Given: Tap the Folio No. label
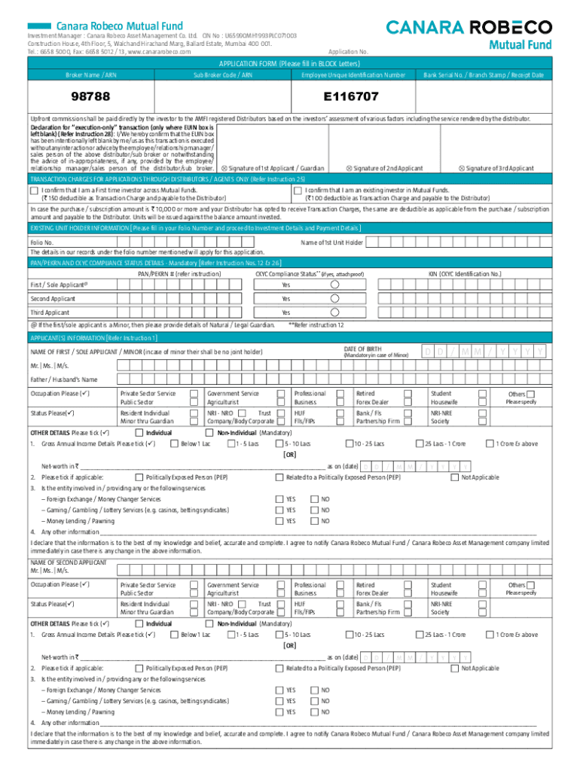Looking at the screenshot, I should coord(41,242).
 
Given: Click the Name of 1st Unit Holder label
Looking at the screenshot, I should coord(331,242).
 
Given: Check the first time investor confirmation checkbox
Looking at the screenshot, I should coord(34,191).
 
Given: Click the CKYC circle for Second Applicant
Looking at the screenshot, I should coord(334,298).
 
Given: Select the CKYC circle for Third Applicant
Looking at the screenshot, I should coord(334,312).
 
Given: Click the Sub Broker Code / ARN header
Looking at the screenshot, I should coord(223,75).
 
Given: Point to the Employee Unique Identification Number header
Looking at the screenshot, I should coord(353,75).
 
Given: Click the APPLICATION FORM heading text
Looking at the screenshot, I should coord(289,64).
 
